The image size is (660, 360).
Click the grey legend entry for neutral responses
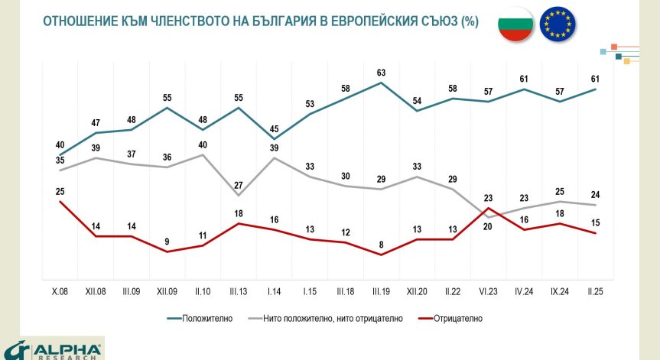pyautogui.click(x=332, y=319)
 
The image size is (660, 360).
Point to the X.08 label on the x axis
pyautogui.click(x=59, y=292)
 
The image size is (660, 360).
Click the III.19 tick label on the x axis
pyautogui.click(x=381, y=292)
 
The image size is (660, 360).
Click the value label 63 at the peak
pyautogui.click(x=381, y=73)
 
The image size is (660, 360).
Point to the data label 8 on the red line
pyautogui.click(x=381, y=245)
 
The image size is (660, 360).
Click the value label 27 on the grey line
pyautogui.click(x=238, y=184)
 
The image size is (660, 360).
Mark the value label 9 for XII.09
pyautogui.click(x=167, y=242)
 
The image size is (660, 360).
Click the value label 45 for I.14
pyautogui.click(x=274, y=128)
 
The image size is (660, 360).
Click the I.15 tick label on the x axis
pyautogui.click(x=309, y=292)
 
